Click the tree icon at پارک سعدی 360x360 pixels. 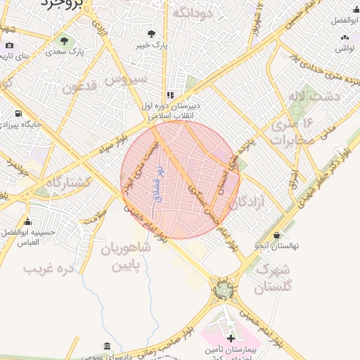tap(65, 40)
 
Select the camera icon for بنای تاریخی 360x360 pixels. tap(9, 46)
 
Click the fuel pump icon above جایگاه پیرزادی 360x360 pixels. tap(18, 113)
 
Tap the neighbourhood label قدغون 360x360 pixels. tap(79, 87)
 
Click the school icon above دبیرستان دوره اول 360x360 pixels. tap(169, 95)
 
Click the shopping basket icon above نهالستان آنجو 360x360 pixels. tap(276, 235)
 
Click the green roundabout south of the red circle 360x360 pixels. tap(224, 288)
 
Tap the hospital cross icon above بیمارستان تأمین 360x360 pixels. tap(231, 338)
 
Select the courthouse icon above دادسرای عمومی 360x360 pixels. tap(106, 346)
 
